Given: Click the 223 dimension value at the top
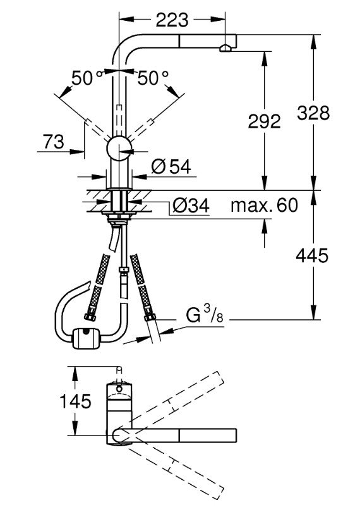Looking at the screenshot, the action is tap(172, 20).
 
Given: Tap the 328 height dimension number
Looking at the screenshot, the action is tap(313, 113).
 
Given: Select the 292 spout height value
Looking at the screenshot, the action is tap(265, 121).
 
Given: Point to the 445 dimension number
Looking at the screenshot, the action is tap(312, 255).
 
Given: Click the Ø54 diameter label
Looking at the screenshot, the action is tap(171, 167).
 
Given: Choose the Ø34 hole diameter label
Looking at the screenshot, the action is tap(191, 206).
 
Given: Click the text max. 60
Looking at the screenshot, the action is tap(265, 205).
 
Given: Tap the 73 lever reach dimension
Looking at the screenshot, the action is tap(54, 142).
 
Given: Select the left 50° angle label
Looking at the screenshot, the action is tap(87, 78).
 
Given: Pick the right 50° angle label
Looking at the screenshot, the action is tap(153, 78).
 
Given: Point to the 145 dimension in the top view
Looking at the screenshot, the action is tap(75, 401).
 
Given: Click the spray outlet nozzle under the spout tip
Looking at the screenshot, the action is tap(225, 49).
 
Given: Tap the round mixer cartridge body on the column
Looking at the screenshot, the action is tap(119, 149).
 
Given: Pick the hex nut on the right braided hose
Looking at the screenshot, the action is tap(150, 317).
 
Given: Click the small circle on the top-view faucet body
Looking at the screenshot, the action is tap(119, 389).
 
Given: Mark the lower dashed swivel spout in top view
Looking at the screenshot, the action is tap(171, 468).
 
